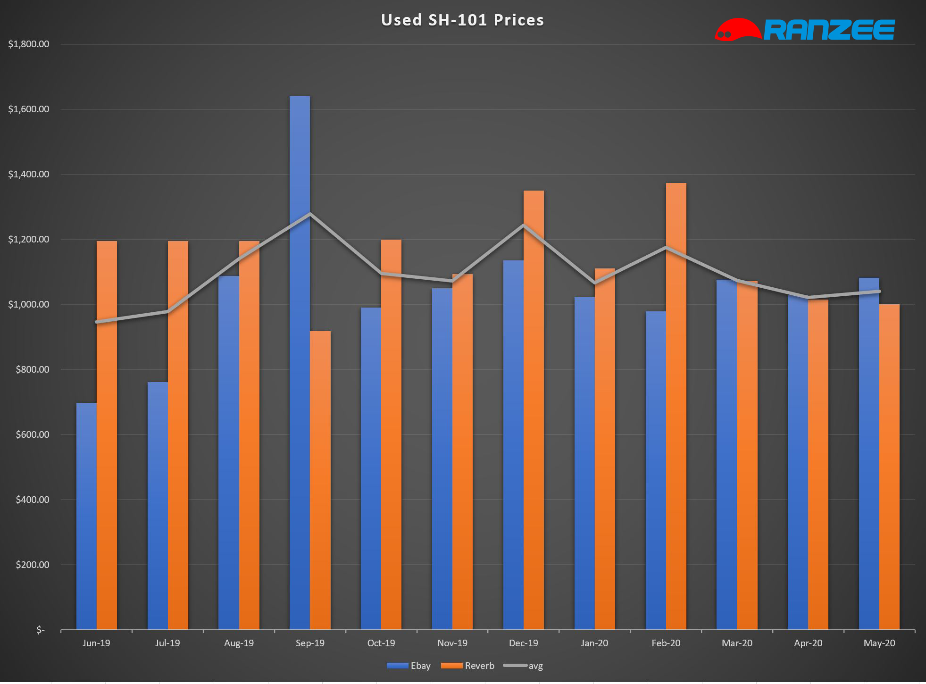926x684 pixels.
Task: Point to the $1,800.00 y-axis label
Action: tap(29, 44)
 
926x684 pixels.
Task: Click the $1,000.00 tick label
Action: tap(29, 305)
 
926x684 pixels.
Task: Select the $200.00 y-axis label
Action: tap(32, 565)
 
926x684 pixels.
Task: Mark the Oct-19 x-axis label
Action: tap(381, 643)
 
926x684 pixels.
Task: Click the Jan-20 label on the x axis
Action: tap(594, 643)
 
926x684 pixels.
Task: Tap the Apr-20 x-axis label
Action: tap(808, 643)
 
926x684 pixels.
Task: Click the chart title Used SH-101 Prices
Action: tap(462, 20)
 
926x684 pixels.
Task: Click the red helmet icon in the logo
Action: tap(737, 29)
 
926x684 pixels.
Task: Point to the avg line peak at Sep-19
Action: tap(310, 214)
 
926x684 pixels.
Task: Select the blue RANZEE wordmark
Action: tap(829, 30)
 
